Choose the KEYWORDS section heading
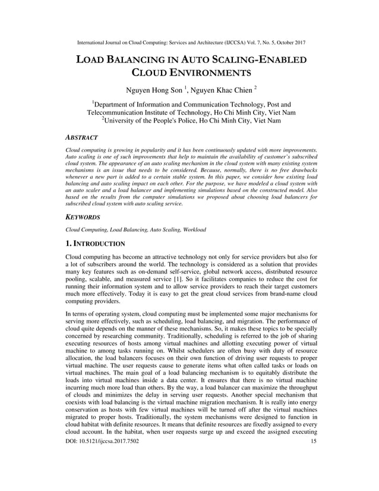pyautogui.click(x=83, y=218)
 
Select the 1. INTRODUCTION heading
pyautogui.click(x=95, y=244)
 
